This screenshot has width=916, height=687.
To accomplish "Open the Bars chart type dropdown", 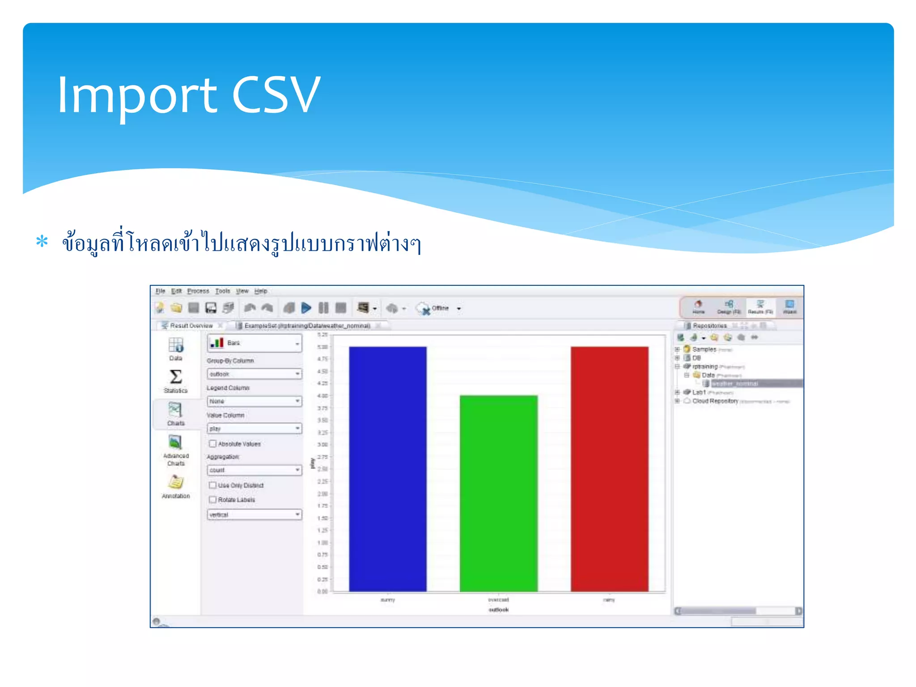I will (x=254, y=343).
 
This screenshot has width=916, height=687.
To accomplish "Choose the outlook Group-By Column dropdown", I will (x=254, y=374).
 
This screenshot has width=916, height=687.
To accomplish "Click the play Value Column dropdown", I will (x=254, y=428).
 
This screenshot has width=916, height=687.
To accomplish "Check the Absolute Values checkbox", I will (x=213, y=444).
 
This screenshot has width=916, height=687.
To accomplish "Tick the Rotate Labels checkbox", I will (x=213, y=500).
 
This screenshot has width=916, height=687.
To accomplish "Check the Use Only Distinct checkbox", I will (x=213, y=485).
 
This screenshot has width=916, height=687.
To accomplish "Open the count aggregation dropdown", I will (x=254, y=470).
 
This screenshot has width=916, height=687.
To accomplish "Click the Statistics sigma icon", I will (x=176, y=377).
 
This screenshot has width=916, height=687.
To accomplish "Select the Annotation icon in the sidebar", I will (x=176, y=483).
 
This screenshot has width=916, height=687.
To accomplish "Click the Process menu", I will (x=198, y=291).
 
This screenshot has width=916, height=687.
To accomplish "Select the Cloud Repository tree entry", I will (x=715, y=401).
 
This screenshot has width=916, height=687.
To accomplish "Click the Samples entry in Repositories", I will (x=704, y=349).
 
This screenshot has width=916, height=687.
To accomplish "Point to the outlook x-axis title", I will (x=498, y=610).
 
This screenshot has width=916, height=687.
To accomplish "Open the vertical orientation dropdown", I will (x=254, y=515).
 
